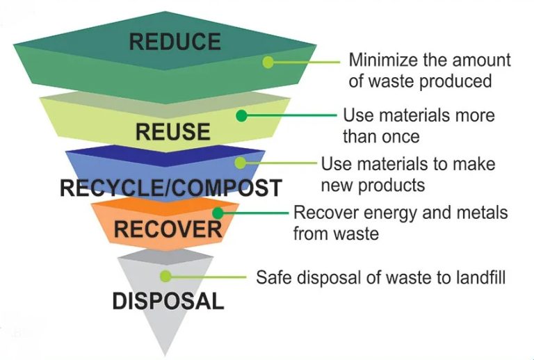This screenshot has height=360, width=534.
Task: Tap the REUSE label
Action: tap(172, 131)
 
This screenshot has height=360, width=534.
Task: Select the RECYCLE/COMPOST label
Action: tap(170, 188)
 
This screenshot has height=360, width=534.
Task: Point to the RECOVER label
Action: tap(168, 229)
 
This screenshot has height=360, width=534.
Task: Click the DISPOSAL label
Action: tap(168, 301)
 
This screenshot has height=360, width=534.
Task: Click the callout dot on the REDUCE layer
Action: tap(268, 62)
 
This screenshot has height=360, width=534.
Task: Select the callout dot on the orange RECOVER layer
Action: tap(218, 213)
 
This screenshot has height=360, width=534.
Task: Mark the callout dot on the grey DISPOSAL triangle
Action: tap(165, 277)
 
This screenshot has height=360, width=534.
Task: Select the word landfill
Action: tap(478, 277)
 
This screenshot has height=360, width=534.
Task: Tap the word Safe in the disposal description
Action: tap(272, 277)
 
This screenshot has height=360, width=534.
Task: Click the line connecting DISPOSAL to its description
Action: tap(208, 277)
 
